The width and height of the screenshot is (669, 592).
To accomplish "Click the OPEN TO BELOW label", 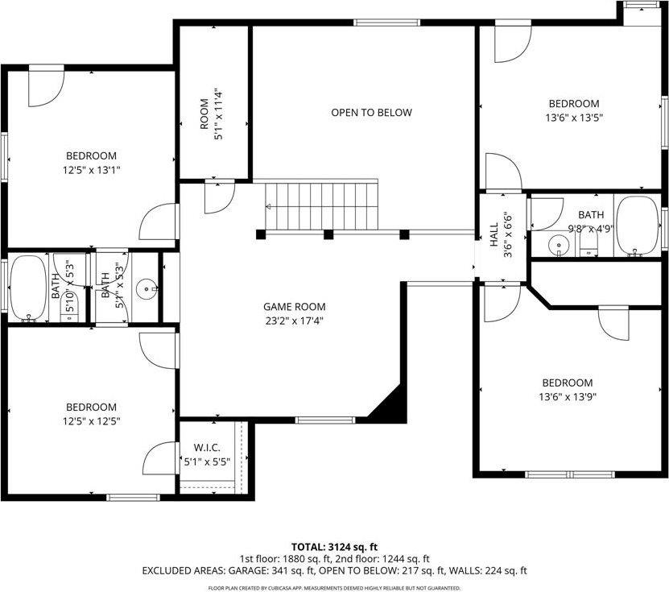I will tap(371, 113).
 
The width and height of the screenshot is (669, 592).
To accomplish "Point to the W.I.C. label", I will tap(207, 448).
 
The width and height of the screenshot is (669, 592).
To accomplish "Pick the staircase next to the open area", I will tap(322, 205).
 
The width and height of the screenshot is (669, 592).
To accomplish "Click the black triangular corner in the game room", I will tap(390, 404).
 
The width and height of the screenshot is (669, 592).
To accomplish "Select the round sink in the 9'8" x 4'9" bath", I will tap(557, 243).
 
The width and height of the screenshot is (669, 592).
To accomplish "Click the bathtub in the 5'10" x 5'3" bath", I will tap(28, 287).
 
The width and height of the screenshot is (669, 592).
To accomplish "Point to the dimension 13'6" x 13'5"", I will tap(574, 117).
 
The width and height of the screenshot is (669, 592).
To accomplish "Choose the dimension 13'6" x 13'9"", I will tap(567, 396).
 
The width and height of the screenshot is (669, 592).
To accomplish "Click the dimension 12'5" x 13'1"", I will tap(91, 170).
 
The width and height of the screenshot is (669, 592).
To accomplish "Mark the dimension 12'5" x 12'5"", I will tap(91, 421).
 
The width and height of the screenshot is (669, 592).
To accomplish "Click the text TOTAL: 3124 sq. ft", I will tap(334, 546).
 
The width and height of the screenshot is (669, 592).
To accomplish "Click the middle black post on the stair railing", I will tap(328, 235).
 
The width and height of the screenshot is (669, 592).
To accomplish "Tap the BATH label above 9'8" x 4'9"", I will tap(590, 215).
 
